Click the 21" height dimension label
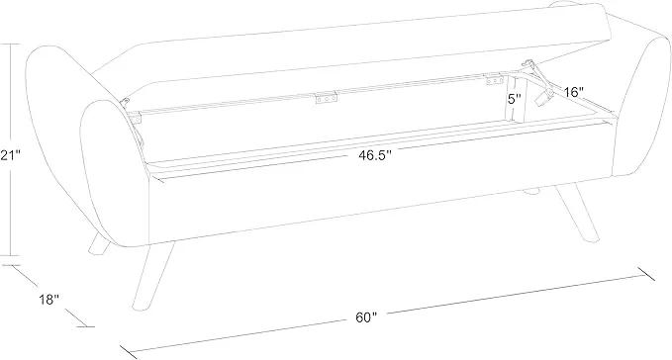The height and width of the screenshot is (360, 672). tap(10, 155)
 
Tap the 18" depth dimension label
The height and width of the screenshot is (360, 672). tap(48, 300)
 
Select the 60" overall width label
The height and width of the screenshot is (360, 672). tap(366, 317)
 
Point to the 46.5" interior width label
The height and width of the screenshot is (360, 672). tap(375, 155)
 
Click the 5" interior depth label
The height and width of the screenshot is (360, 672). tap(515, 99)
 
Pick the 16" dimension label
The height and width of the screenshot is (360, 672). tap(574, 92)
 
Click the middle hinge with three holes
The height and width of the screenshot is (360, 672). tap(327, 98)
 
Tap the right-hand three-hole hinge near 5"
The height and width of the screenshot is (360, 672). tap(494, 80)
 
